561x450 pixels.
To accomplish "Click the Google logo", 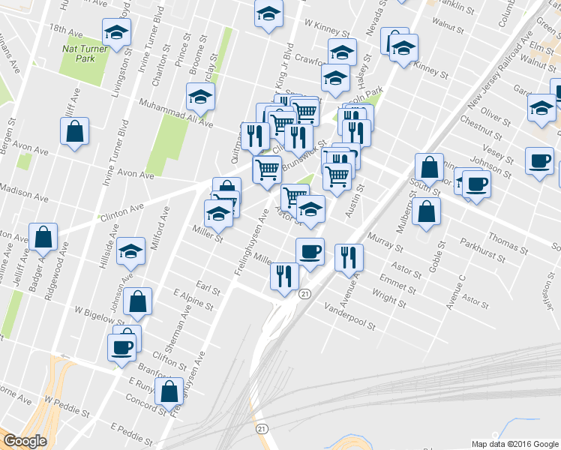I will [x=25, y=441].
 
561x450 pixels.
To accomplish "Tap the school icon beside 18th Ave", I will [x=117, y=31].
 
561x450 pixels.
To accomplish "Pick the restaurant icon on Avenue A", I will [x=349, y=258].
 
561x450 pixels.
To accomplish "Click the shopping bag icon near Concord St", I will [x=171, y=391].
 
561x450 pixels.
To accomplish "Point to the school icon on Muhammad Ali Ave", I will [x=201, y=96].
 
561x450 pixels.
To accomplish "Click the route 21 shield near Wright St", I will [x=304, y=295].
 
